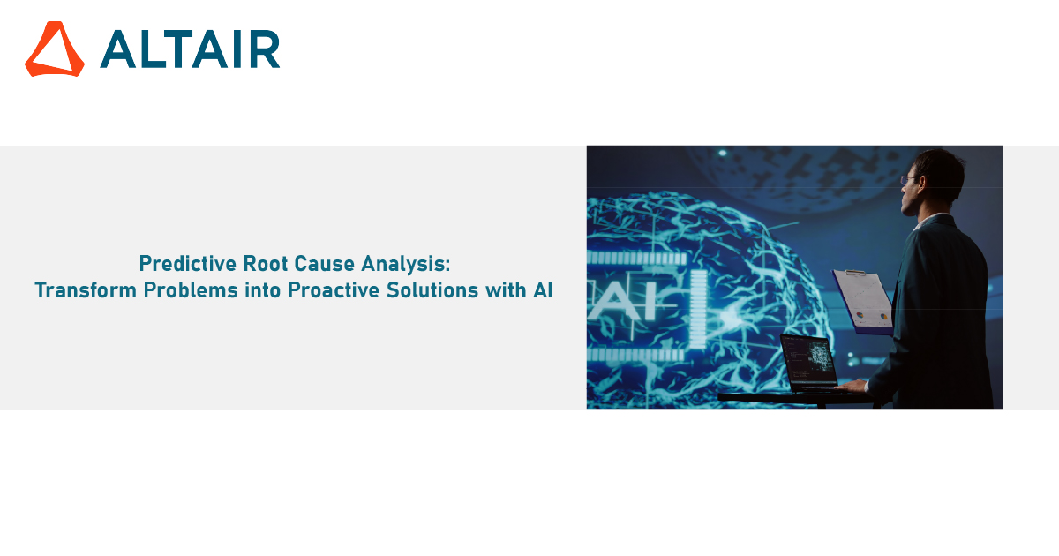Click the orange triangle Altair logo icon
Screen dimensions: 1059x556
tap(55, 49)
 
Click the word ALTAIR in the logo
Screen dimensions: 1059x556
tap(190, 49)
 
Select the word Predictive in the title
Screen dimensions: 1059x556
tap(188, 264)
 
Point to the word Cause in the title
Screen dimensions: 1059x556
tap(325, 264)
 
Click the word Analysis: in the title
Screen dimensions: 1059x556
tap(406, 264)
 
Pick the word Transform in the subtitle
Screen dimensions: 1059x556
tap(86, 290)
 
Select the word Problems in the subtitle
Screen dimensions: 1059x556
tap(191, 290)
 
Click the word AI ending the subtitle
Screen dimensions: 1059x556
tap(544, 290)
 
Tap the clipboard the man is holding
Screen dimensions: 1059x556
tap(863, 302)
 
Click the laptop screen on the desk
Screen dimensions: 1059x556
tap(809, 363)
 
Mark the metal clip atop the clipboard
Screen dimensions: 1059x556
tap(855, 273)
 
